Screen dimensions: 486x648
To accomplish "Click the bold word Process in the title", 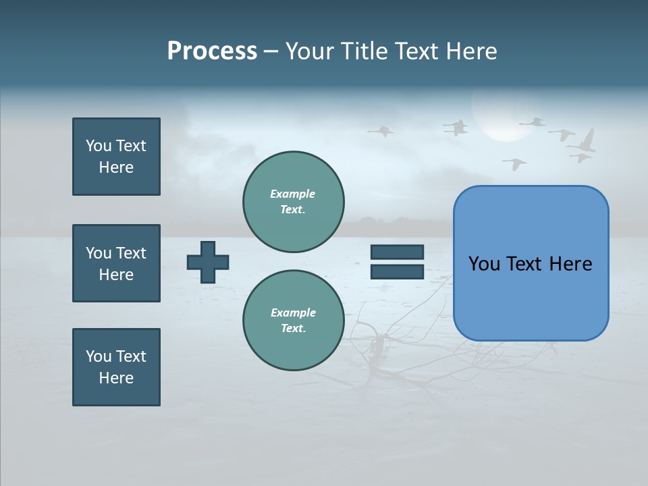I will pos(212,51).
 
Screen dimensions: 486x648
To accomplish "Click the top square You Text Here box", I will pos(116,157).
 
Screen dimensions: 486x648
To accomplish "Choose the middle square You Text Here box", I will pos(116,263).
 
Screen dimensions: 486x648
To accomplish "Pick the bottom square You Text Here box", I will pos(116,367).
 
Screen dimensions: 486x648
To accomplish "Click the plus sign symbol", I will pos(208,262).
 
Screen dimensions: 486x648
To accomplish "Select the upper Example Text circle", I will pos(293,202).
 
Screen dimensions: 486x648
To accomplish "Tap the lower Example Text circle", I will pos(293,321).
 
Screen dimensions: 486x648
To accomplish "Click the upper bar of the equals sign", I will pos(397,252).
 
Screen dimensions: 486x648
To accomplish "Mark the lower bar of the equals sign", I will pos(397,271).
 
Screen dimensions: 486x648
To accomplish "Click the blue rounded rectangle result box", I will pos(531,263).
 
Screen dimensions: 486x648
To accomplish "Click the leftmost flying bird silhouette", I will pos(381,130).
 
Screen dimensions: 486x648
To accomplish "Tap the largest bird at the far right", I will pos(584,142).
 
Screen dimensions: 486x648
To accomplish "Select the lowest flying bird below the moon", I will pos(515,163).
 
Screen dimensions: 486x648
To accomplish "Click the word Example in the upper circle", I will pos(293,194).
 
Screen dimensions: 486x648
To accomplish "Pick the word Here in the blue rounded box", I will pos(571,264).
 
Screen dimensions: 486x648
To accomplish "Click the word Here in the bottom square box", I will pos(116,378).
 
